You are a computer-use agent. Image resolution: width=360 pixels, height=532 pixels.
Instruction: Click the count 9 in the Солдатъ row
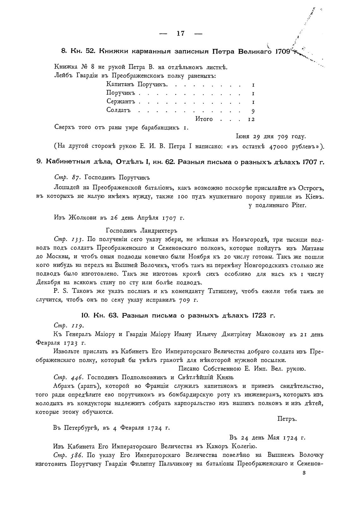[253, 111]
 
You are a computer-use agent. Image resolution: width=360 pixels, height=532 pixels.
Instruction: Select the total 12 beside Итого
[251, 119]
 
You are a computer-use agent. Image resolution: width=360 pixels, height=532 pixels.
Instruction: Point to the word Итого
[204, 119]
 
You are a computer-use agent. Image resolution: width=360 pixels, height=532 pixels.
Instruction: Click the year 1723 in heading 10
[260, 315]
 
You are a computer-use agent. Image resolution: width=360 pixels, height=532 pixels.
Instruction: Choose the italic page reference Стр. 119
[68, 325]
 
